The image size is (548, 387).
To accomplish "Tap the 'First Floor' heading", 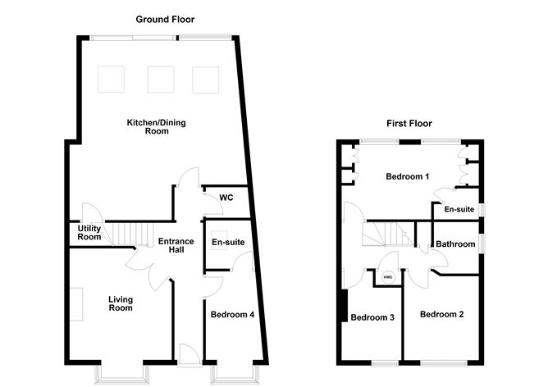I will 409,124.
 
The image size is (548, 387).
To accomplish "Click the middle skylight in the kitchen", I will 159,79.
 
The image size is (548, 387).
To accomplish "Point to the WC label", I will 226,198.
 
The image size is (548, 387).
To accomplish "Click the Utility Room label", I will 90,233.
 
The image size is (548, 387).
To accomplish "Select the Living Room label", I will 121,304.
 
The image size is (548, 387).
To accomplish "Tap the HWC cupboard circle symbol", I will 388,277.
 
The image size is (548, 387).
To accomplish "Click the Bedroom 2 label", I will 442,315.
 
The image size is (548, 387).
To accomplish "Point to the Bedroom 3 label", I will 373,318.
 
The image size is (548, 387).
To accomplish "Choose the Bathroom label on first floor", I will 455,244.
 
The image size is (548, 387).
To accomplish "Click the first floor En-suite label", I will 459,210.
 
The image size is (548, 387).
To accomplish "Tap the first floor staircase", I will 386,234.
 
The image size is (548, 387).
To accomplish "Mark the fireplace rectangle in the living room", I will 75,305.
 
